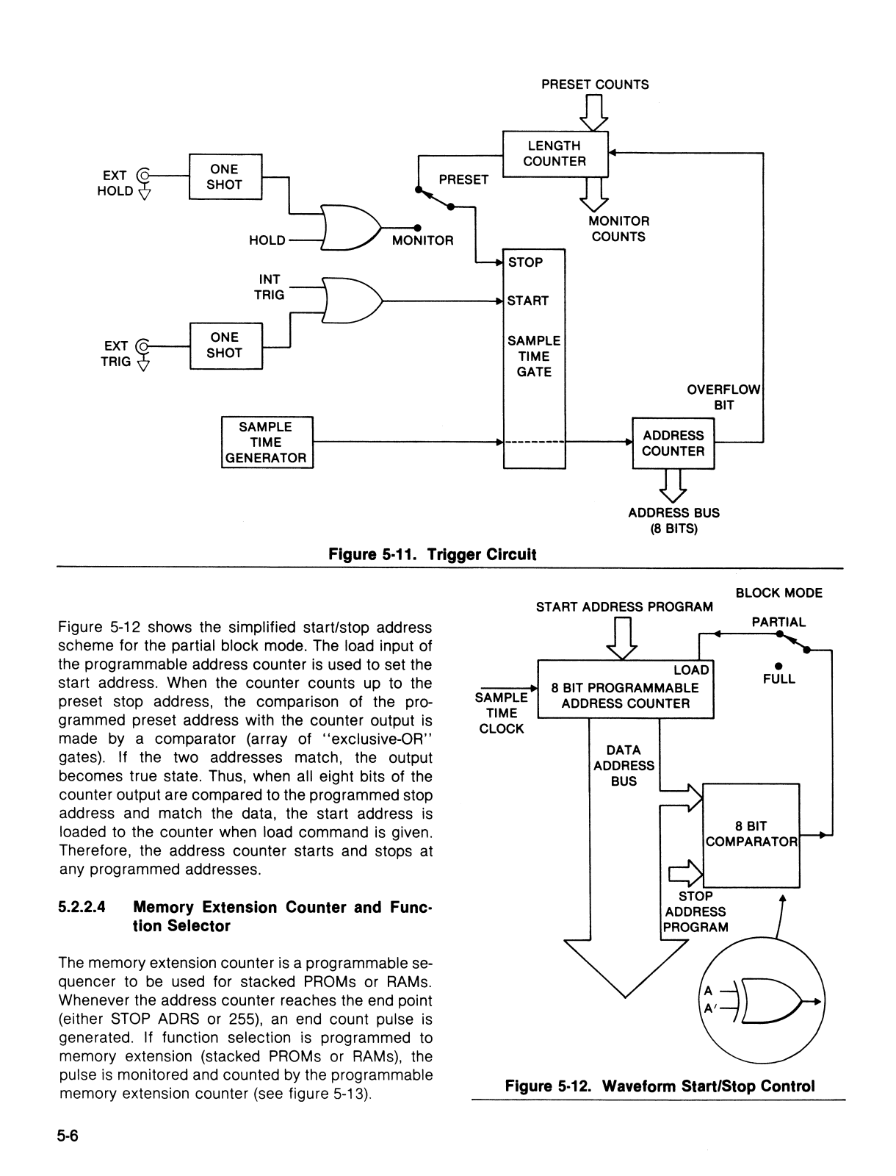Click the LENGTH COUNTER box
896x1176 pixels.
[x=555, y=154]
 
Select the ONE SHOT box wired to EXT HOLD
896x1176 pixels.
[x=225, y=177]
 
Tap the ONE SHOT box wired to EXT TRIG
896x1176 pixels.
[x=226, y=345]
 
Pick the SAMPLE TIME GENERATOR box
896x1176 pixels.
[x=267, y=442]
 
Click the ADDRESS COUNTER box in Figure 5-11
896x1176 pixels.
[x=673, y=443]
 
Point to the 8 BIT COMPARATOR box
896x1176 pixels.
[x=751, y=835]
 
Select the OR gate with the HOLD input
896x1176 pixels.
[x=351, y=227]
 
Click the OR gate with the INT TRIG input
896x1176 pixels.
[x=353, y=301]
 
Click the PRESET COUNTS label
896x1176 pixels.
[x=595, y=85]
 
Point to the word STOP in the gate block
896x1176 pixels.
[x=525, y=262]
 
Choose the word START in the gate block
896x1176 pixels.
[x=528, y=301]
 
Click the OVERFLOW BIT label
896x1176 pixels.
[x=723, y=397]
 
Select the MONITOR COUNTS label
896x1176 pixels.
[x=618, y=229]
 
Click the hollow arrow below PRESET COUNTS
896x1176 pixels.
[x=594, y=112]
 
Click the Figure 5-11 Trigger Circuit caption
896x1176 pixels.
[x=432, y=554]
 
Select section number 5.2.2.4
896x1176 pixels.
[x=82, y=907]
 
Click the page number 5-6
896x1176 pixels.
[x=68, y=1136]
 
